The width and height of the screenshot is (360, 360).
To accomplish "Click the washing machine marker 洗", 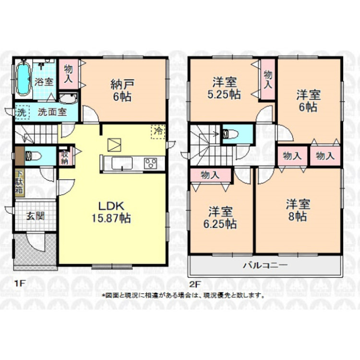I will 21,113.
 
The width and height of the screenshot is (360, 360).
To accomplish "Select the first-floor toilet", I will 33,156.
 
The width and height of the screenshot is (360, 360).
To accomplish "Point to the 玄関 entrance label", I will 35,216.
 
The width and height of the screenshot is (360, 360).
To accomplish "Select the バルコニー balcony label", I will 264,265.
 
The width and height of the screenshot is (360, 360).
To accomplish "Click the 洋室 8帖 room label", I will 298,210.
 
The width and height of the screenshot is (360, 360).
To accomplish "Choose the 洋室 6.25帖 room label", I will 221,217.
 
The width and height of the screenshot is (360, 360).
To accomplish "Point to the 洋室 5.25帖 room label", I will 225,88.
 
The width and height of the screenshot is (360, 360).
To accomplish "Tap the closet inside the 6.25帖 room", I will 210,175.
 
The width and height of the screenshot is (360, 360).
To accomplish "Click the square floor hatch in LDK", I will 114,144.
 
